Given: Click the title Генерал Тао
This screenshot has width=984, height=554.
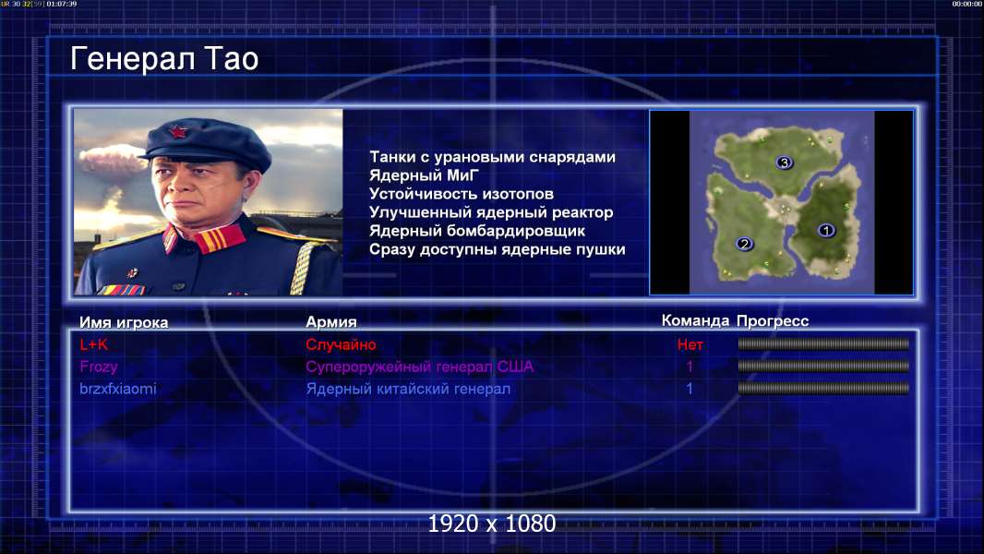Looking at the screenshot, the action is [164, 59].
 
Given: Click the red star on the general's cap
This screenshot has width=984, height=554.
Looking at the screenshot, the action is [177, 132].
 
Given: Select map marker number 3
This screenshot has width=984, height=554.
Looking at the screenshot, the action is [784, 163].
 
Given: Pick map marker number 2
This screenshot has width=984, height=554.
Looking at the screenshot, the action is [744, 244].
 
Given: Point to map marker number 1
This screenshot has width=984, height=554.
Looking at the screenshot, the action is [826, 230].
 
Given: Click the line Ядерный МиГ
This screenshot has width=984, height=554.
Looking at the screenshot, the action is [424, 175].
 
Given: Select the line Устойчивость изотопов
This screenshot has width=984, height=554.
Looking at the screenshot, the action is [462, 194].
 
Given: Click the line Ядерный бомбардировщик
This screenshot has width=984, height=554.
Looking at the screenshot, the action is [477, 231].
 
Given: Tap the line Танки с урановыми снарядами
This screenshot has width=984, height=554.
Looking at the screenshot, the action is [492, 157].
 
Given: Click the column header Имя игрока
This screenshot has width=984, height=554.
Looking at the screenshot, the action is [124, 322].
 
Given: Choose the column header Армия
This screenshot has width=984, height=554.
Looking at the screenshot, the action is [330, 322].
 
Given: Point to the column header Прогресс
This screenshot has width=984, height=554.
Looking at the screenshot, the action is [773, 321].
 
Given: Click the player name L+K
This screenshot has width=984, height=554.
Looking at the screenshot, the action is [94, 344].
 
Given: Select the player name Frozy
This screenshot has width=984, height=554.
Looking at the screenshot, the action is [99, 367].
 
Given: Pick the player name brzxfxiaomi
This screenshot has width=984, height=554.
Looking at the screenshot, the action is [118, 389].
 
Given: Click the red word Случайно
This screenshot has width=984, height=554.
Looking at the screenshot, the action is [341, 344].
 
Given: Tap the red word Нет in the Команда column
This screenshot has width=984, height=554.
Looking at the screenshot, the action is [690, 344].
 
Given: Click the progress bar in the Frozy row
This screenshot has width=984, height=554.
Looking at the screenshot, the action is [823, 366].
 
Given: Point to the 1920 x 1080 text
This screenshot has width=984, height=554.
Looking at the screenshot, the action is [492, 524].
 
